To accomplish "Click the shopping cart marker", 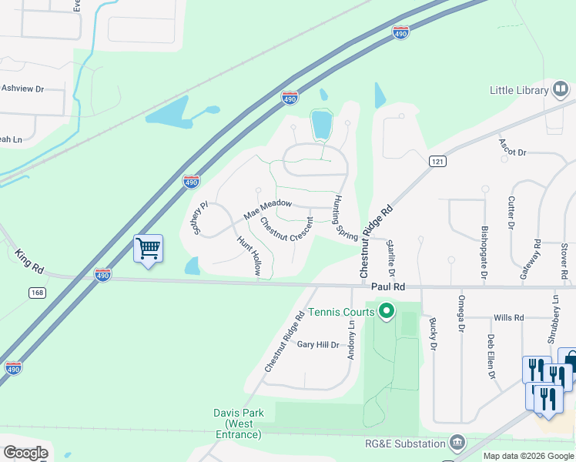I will pos(148,249).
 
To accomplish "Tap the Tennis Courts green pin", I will pos(387,312).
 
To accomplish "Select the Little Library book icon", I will pos(561,90).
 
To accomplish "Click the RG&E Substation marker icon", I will pos(457,443).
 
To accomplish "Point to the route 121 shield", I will pos(437,161).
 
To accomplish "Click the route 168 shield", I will pos(37,293).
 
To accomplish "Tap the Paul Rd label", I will pos(387,286).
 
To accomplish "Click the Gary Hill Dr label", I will pos(318,345).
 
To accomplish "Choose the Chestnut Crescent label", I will pos(286,229).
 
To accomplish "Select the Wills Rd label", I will pos(508,317).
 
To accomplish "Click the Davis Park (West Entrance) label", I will pos(238,423).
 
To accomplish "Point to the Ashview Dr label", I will pos(22,89).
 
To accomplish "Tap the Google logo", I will pos(25,453).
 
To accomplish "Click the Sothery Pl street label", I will pos(201,219).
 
